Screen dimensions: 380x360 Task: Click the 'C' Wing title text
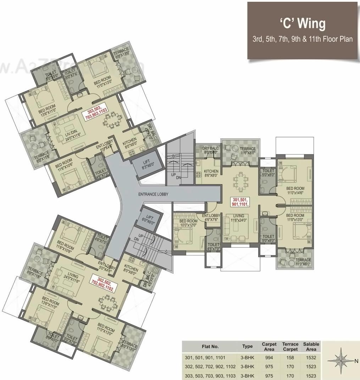click(x=302, y=24)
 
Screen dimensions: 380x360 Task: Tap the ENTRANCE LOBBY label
click(x=154, y=194)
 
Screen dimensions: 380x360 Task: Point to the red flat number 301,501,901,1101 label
click(x=239, y=202)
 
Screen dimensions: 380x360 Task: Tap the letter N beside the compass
click(x=356, y=361)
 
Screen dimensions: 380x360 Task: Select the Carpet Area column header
click(x=269, y=347)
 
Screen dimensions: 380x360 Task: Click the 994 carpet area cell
click(x=269, y=358)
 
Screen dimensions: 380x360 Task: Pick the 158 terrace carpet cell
click(x=290, y=358)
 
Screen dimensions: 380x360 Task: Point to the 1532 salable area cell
click(x=311, y=358)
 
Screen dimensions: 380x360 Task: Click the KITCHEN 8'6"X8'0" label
click(x=211, y=173)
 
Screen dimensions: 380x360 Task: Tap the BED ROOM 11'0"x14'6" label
click(x=295, y=191)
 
